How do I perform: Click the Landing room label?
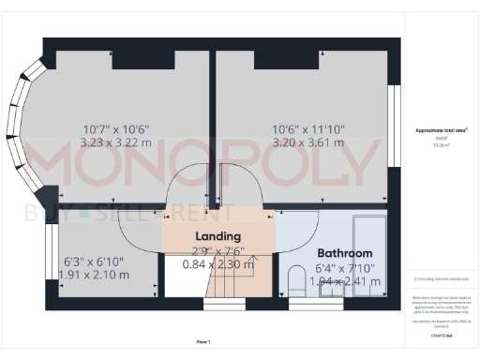[218, 236]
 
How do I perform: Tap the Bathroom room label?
[344, 253]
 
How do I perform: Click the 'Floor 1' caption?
[203, 341]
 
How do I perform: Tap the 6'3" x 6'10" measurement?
[93, 262]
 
